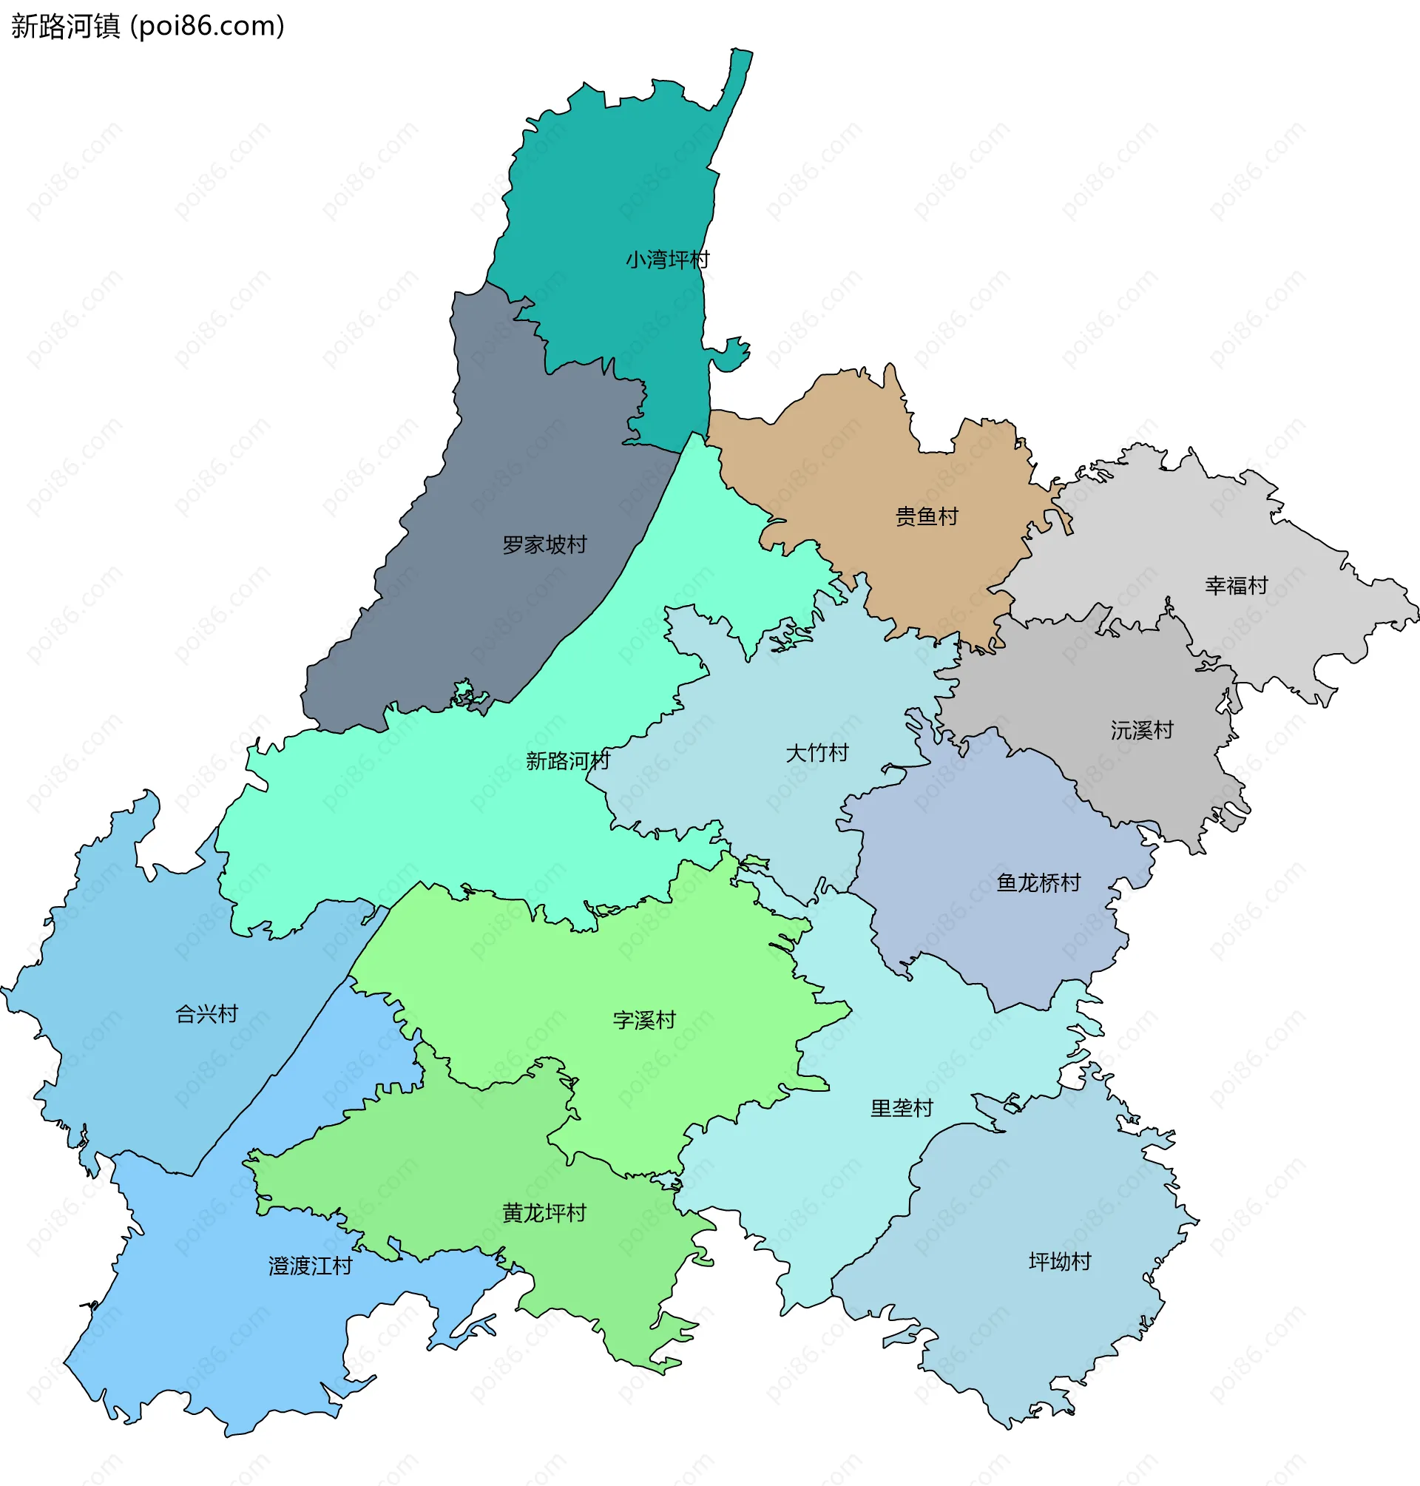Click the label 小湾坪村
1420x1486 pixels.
pyautogui.click(x=667, y=260)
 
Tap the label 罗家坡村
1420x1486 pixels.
pyautogui.click(x=544, y=544)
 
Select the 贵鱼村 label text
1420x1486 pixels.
pyautogui.click(x=927, y=516)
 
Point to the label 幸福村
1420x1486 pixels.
pyautogui.click(x=1235, y=585)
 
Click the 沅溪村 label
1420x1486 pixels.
pyautogui.click(x=1141, y=730)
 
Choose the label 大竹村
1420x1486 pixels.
pyautogui.click(x=816, y=752)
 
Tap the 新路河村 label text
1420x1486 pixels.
pyautogui.click(x=568, y=760)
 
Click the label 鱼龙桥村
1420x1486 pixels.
pyautogui.click(x=1038, y=882)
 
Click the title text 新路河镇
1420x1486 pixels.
pyautogui.click(x=66, y=27)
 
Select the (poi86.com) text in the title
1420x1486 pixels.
pyautogui.click(x=207, y=27)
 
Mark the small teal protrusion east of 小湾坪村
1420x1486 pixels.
pyautogui.click(x=731, y=356)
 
